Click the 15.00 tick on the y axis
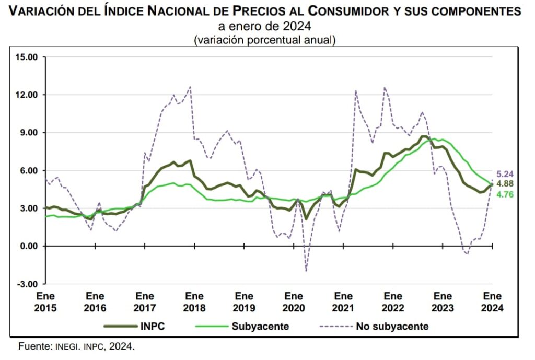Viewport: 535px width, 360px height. [27, 57]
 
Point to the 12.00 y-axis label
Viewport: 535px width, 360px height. [27, 95]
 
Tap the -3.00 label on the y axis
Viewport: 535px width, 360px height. [28, 284]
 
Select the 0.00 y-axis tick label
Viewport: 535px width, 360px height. [28, 246]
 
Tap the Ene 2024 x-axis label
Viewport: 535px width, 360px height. [493, 302]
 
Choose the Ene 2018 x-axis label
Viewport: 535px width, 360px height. [194, 302]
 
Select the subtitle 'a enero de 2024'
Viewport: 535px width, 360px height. [264, 26]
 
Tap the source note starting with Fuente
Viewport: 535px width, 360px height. [76, 346]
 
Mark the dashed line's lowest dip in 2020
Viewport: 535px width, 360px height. [306, 271]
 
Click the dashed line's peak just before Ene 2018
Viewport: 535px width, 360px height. [190, 87]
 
